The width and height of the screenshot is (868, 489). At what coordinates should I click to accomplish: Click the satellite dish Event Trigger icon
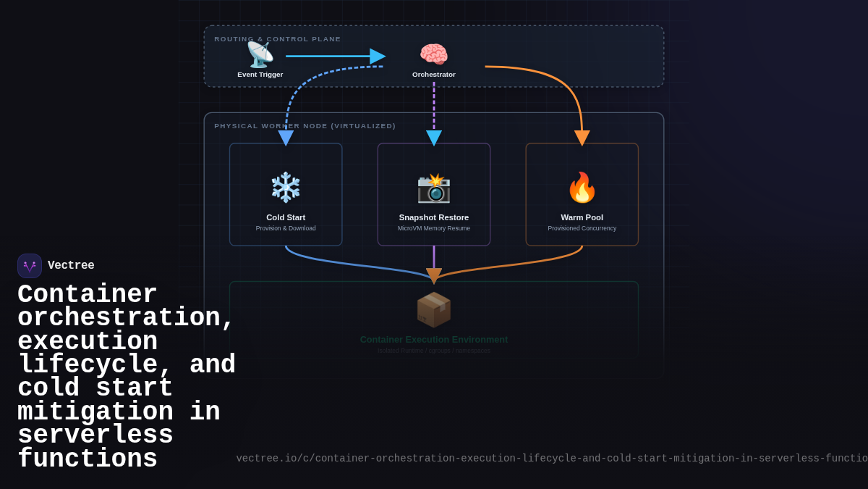(x=260, y=54)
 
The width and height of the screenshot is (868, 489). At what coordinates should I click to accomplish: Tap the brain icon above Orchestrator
(x=434, y=54)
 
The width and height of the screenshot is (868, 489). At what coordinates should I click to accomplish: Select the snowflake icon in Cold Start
(x=286, y=187)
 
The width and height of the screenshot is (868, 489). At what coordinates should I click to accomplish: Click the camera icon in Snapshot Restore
(x=434, y=188)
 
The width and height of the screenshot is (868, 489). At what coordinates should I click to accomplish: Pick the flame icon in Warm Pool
(x=582, y=187)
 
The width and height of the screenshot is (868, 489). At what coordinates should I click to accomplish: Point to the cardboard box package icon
(x=434, y=310)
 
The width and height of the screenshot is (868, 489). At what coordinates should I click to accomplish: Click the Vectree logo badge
(x=30, y=266)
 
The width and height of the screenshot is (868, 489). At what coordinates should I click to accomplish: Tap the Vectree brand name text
(x=71, y=266)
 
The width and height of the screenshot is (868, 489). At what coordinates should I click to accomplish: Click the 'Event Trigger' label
(x=260, y=75)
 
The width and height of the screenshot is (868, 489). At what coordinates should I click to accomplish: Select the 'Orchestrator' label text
(x=434, y=75)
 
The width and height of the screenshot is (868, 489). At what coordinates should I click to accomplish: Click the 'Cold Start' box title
(x=286, y=217)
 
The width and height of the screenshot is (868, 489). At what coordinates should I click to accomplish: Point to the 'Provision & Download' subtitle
(x=286, y=228)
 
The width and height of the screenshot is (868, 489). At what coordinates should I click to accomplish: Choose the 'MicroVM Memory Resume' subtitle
(x=434, y=228)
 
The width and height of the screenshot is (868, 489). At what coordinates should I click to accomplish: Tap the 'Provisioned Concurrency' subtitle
(x=582, y=228)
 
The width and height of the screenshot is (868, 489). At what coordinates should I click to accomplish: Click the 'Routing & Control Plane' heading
(x=277, y=39)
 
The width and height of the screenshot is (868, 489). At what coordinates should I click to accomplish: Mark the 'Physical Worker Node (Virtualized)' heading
(x=305, y=126)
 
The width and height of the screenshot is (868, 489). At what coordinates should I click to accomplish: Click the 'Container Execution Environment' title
(x=434, y=340)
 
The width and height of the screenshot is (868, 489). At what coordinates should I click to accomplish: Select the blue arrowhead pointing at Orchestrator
(x=377, y=57)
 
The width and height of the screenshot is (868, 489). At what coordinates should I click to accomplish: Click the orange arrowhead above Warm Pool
(x=582, y=138)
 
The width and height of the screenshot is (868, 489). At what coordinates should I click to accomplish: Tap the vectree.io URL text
(x=551, y=459)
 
